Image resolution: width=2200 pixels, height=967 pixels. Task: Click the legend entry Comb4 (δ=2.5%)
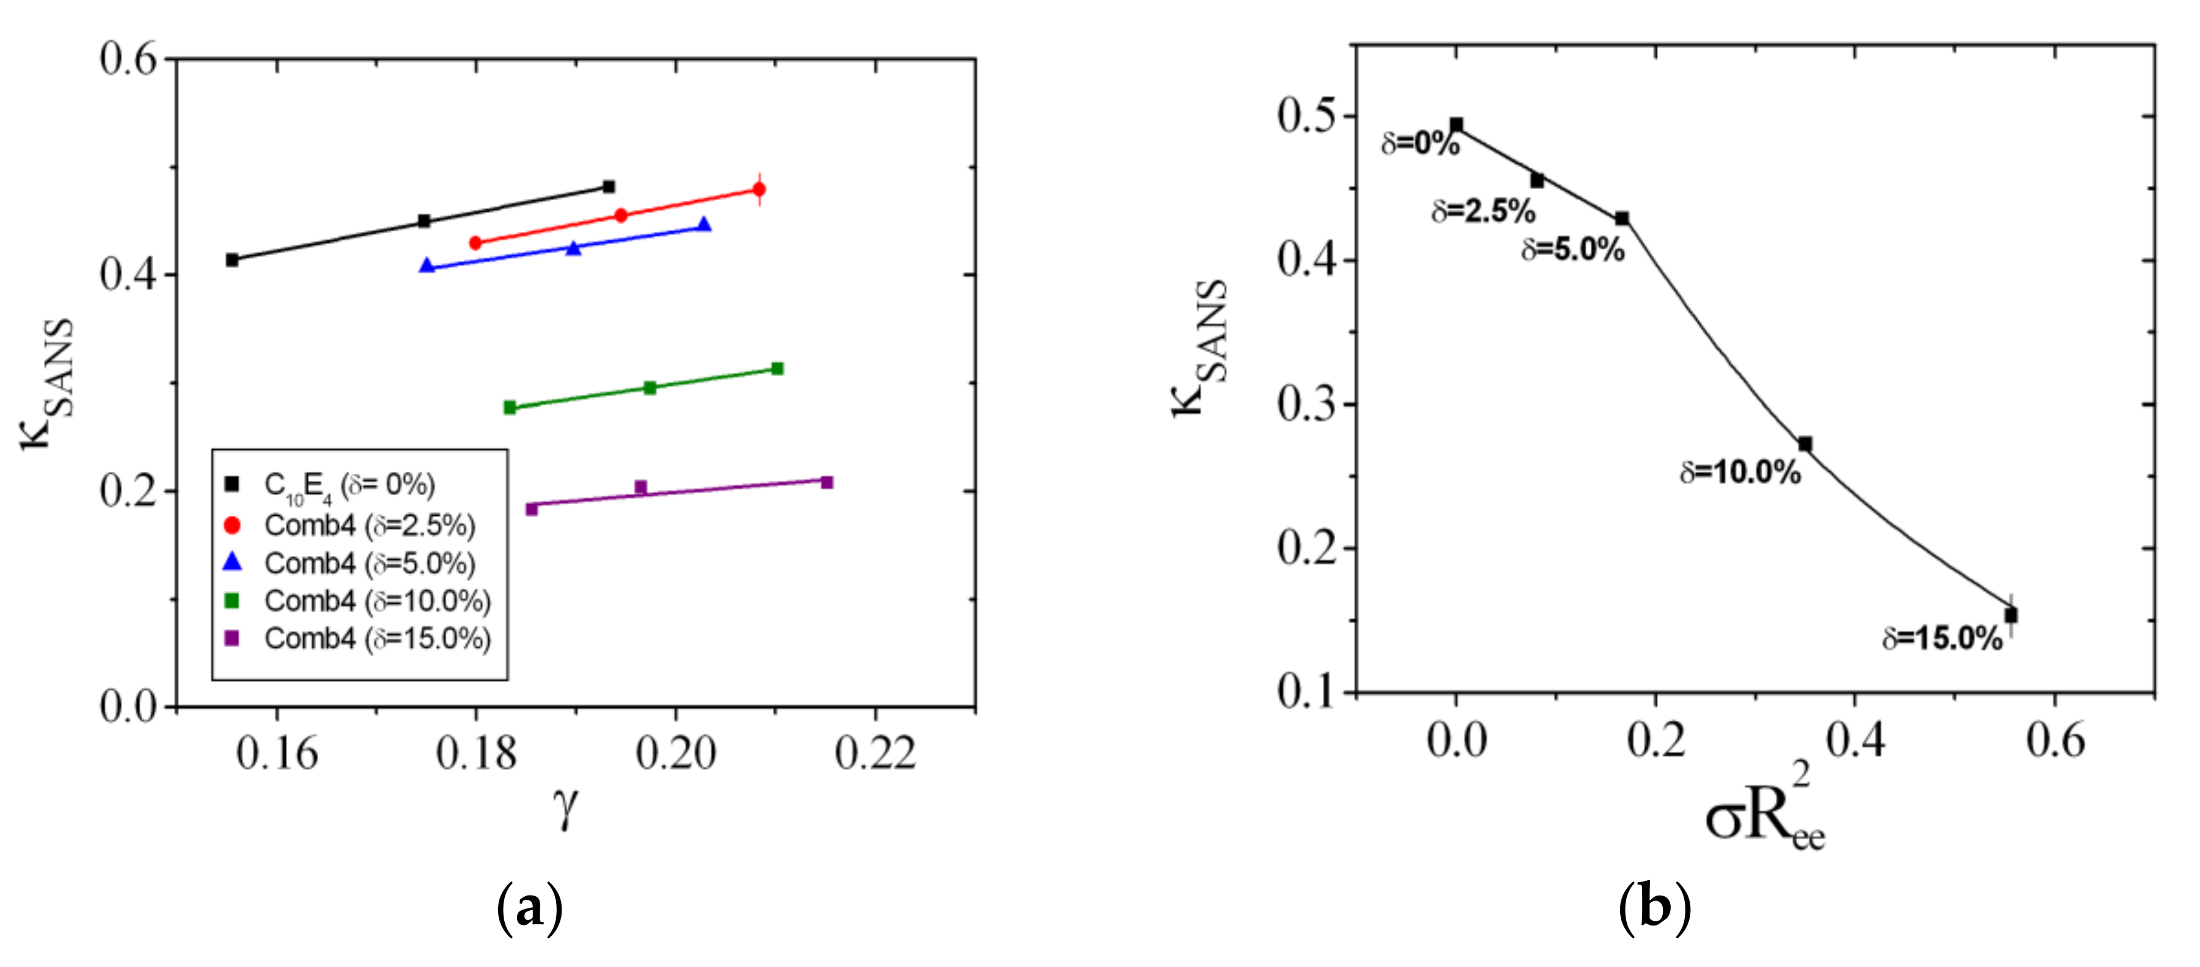(x=369, y=526)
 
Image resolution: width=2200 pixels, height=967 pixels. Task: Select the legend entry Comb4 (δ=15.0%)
(x=377, y=639)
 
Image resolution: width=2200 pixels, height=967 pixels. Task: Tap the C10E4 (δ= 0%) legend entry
(x=349, y=485)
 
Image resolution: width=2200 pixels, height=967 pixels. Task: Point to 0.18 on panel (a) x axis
(x=476, y=753)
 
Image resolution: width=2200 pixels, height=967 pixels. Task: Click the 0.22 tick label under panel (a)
(x=875, y=753)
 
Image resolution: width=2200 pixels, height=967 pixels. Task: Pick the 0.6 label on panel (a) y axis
(x=129, y=59)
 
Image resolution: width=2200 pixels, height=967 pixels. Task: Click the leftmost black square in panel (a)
(x=233, y=259)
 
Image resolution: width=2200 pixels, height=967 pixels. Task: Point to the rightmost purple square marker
(x=827, y=483)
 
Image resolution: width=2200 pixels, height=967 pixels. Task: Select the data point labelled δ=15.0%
(x=2011, y=615)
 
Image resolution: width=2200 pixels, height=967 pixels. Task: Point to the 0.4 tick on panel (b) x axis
(x=1855, y=740)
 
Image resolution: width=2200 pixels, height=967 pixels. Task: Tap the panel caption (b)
(x=1654, y=907)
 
